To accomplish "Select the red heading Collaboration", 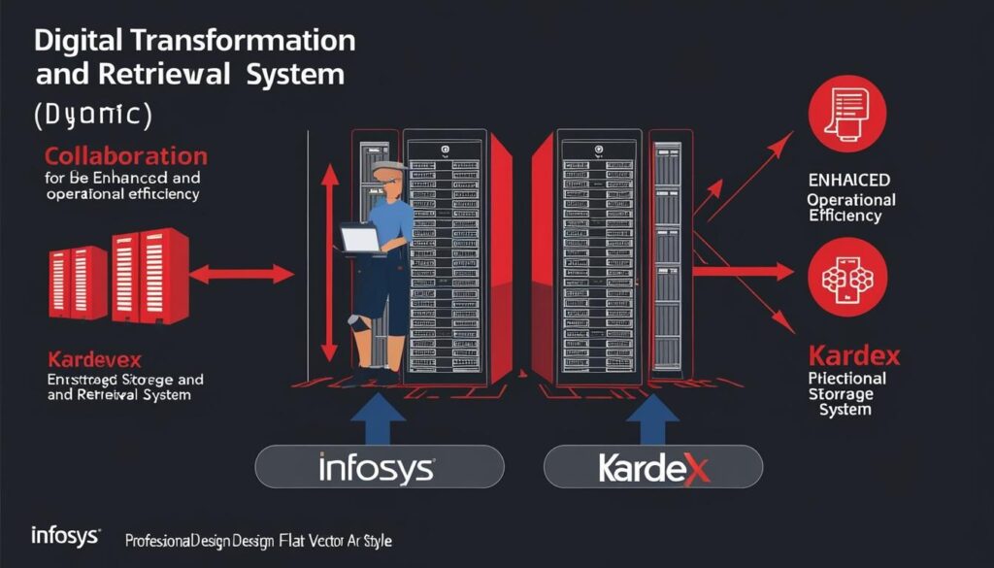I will point(125,156).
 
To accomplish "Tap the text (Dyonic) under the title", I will point(92,114).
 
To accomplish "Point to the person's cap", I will point(390,172).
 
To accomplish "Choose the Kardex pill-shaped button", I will point(653,468).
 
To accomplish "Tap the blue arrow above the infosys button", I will point(378,413).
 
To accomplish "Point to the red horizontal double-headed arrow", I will point(243,274).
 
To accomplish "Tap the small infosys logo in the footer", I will point(63,535).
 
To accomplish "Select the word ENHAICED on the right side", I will point(849,181).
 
